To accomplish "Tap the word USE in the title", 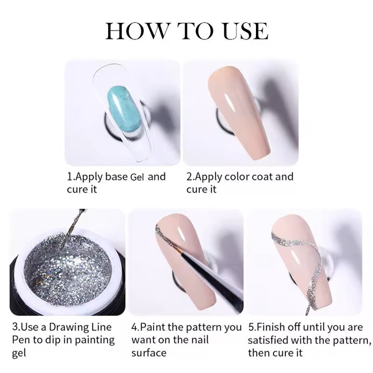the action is [x=246, y=31].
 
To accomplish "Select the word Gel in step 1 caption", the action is [x=137, y=177].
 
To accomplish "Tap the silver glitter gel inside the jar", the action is [x=67, y=266].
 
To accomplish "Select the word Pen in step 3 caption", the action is [x=21, y=340].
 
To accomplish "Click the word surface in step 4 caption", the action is [x=149, y=353].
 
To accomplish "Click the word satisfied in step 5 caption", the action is [x=268, y=340].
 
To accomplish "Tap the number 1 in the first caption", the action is [x=70, y=177].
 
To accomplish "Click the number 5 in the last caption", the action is [x=251, y=327].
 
